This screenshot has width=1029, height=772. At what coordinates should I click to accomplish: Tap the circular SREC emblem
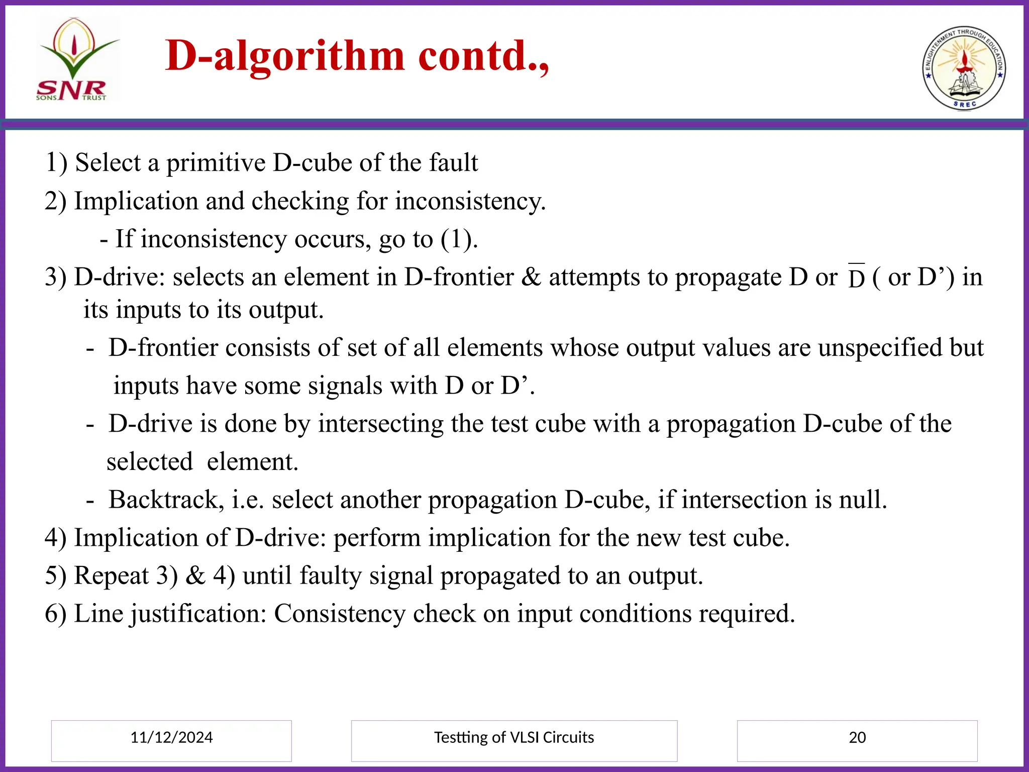(x=964, y=68)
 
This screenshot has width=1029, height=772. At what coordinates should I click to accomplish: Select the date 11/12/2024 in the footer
(x=171, y=737)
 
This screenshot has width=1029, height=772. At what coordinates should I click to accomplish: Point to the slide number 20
(x=857, y=737)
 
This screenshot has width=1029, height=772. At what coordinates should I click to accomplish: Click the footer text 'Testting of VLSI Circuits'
(x=514, y=737)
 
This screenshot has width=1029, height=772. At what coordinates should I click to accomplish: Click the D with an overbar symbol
(x=857, y=278)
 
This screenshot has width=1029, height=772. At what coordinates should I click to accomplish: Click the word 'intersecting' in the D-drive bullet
(x=380, y=424)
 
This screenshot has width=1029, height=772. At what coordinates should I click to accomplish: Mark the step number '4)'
(x=55, y=538)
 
